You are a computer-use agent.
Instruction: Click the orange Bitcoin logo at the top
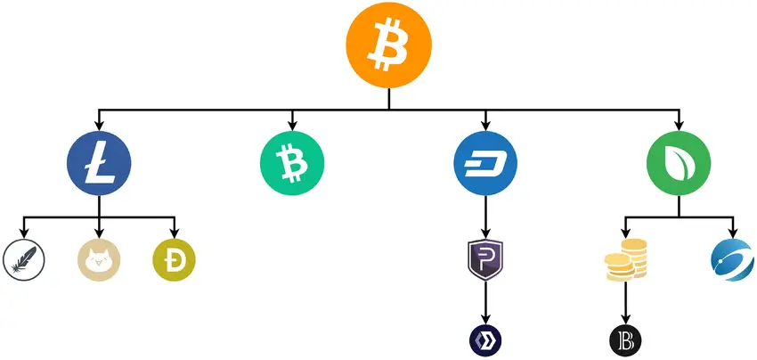click(388, 45)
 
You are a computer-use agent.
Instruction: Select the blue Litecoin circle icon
click(99, 164)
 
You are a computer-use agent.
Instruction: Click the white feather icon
click(21, 260)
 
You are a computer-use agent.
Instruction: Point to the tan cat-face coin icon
click(99, 260)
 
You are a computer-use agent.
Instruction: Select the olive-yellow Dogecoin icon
click(175, 260)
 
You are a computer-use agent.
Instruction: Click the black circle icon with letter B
click(625, 340)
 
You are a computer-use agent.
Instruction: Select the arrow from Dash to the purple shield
click(486, 218)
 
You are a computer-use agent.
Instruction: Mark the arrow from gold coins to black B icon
click(625, 304)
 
